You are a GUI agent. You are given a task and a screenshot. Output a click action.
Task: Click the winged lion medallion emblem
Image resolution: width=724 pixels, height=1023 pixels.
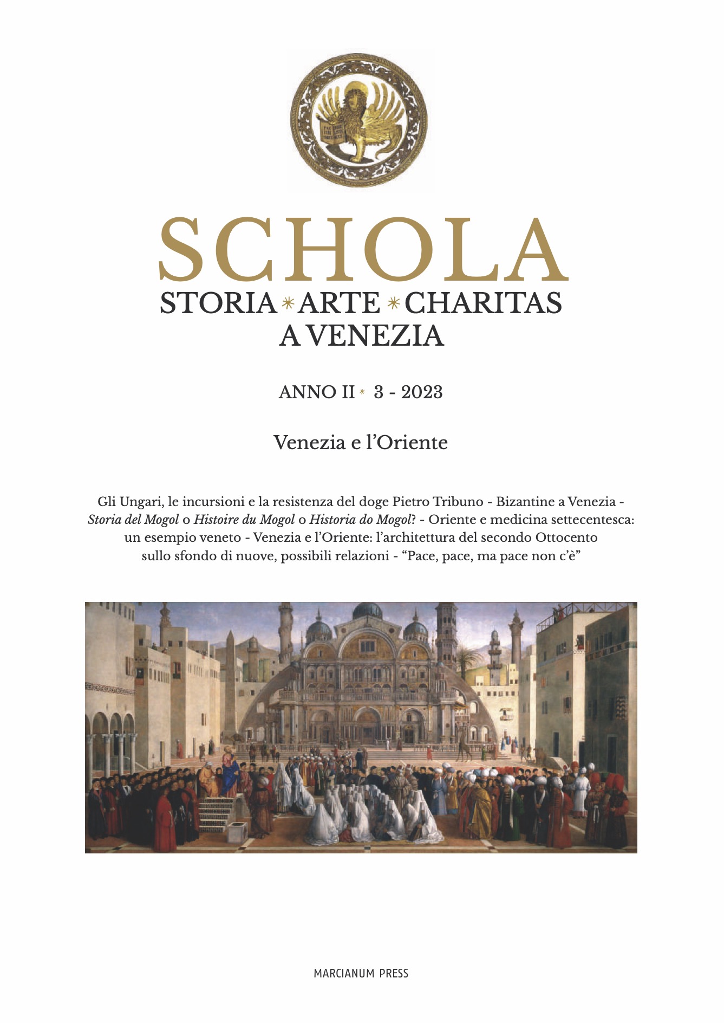(x=359, y=120)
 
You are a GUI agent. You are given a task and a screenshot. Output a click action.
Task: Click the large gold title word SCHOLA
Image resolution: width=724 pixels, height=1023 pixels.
(x=363, y=250)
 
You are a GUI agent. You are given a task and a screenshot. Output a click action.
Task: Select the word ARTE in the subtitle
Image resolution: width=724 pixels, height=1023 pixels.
(x=340, y=303)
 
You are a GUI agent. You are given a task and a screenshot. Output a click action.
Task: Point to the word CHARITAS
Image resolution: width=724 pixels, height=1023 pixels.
(x=483, y=303)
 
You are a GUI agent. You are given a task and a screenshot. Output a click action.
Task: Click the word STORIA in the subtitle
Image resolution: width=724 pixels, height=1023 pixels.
(x=218, y=303)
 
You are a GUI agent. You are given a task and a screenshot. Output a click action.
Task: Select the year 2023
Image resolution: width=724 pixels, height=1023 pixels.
(x=422, y=392)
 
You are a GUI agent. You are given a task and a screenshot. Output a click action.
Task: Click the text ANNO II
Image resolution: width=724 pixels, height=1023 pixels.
(x=316, y=392)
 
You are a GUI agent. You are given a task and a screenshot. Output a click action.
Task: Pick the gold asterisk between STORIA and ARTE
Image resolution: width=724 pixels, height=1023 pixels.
(x=288, y=303)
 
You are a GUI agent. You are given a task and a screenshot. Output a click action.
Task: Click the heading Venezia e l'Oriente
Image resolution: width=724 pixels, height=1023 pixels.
(x=361, y=443)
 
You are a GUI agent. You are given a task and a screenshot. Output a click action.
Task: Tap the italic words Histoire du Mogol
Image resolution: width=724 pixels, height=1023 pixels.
(x=244, y=520)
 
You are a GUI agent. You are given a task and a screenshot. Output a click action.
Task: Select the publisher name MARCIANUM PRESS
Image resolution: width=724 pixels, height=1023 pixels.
(x=361, y=973)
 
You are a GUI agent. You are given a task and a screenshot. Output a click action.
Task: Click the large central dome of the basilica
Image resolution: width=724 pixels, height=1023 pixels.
(x=368, y=611)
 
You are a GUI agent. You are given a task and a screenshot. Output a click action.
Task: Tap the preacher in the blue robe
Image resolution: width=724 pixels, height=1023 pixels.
(x=230, y=769)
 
